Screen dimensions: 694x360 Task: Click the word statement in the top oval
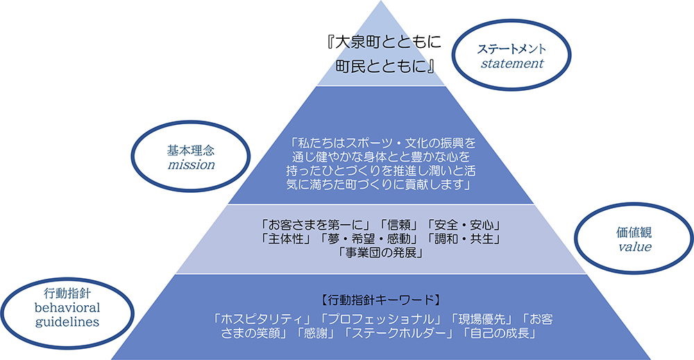point(512,64)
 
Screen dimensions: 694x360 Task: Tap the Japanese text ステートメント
point(511,49)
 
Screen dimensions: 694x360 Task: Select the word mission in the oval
point(192,165)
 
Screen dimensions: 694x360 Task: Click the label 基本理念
point(191,151)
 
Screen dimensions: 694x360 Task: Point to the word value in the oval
point(635,247)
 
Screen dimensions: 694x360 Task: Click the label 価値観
point(634,232)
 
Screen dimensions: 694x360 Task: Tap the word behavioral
point(67,308)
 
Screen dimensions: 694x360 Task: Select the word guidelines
point(67,322)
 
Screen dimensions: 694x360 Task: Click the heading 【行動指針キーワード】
point(380,301)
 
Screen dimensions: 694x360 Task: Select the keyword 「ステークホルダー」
point(399,333)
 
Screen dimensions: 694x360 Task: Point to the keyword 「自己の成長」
point(499,333)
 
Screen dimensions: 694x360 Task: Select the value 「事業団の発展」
point(380,253)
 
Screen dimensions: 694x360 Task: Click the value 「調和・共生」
point(464,239)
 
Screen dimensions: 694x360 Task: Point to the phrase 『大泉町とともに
point(383,42)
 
